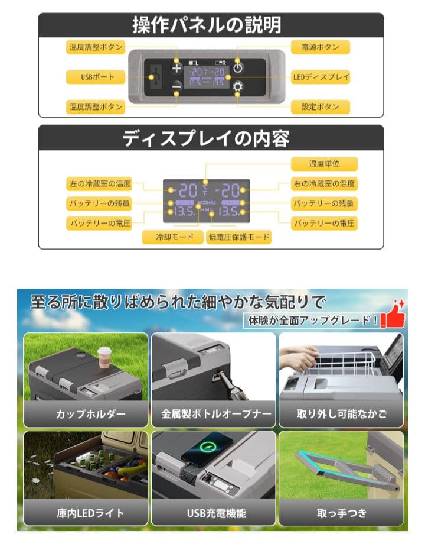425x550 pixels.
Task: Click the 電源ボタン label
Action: pyautogui.click(x=321, y=47)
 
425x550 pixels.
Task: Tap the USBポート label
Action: pyautogui.click(x=95, y=77)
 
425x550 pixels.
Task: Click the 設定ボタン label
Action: pyautogui.click(x=321, y=107)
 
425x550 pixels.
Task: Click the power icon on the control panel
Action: pyautogui.click(x=238, y=67)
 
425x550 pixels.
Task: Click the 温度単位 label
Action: pyautogui.click(x=324, y=164)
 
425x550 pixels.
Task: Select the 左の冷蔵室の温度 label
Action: pyautogui.click(x=99, y=183)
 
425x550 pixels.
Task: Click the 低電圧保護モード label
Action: pyautogui.click(x=238, y=237)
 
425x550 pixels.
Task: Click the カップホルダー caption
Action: pyautogui.click(x=86, y=413)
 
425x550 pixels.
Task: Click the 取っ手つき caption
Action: pyautogui.click(x=341, y=513)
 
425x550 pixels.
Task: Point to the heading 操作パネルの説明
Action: pyautogui.click(x=211, y=25)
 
